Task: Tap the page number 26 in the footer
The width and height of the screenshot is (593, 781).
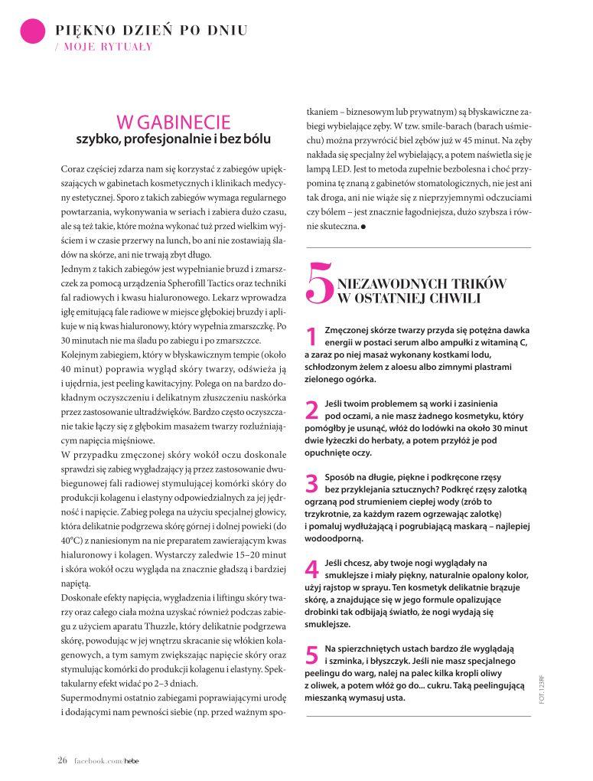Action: (63, 759)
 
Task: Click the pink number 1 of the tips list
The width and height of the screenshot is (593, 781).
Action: (311, 336)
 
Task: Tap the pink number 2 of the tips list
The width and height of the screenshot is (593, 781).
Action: (311, 410)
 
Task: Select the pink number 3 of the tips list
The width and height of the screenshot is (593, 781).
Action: (311, 484)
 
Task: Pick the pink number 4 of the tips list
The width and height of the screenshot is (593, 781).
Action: (311, 570)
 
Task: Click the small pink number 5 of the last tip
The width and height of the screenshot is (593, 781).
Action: (311, 655)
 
